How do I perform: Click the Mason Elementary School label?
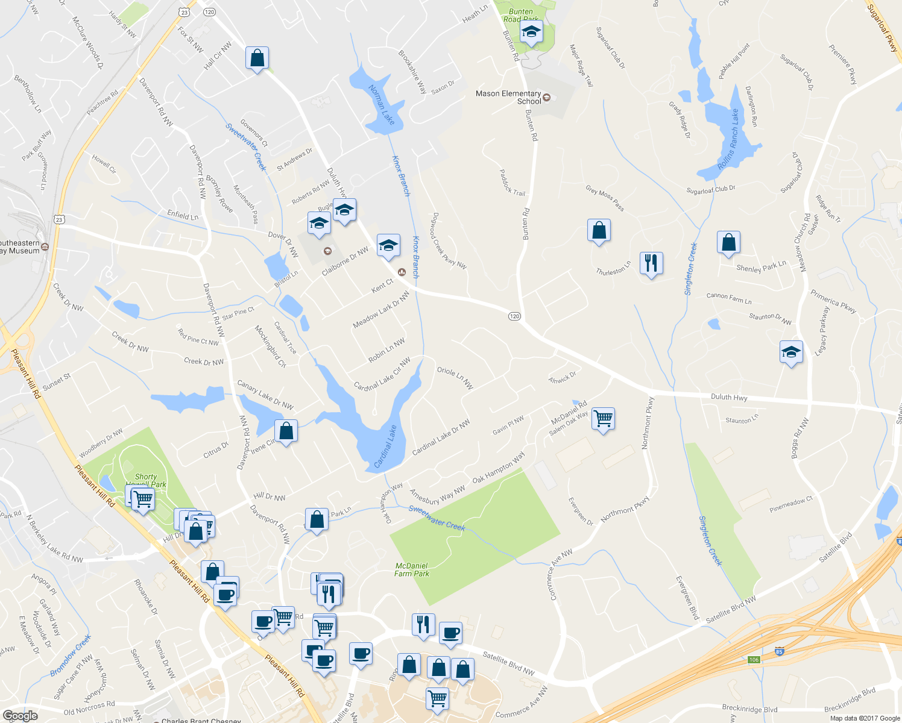[508, 97]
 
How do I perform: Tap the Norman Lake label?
[382, 105]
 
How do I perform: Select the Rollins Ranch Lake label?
[728, 139]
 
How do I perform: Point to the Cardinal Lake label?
[385, 446]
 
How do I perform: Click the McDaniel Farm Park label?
[412, 570]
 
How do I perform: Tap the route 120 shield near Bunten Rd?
[514, 316]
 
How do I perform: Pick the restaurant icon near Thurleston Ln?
[651, 263]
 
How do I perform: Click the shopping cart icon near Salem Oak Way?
[604, 418]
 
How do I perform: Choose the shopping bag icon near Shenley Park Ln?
[728, 243]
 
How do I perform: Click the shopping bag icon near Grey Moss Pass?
[599, 231]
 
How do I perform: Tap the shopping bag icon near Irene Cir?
[286, 431]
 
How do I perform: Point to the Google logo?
[20, 716]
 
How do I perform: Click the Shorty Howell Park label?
[146, 480]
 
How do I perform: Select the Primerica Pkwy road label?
[833, 301]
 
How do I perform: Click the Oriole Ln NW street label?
[455, 378]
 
